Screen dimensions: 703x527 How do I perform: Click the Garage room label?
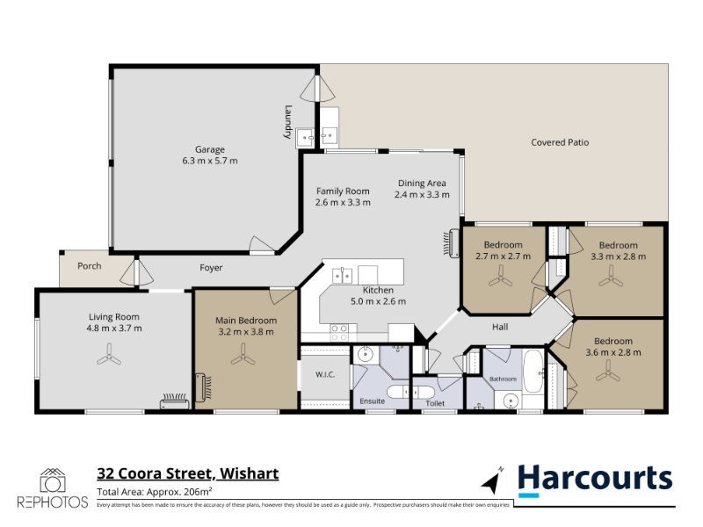209,149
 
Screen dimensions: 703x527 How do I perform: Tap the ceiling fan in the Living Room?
109,355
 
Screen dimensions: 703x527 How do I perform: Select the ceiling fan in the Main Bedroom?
243,355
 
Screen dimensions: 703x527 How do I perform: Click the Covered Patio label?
560,142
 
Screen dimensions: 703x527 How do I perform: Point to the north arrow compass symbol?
492,480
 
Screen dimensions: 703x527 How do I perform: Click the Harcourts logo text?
596,479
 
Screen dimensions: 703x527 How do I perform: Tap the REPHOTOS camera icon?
53,480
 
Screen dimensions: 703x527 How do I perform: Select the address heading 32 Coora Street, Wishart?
188,473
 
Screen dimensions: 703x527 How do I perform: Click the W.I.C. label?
325,375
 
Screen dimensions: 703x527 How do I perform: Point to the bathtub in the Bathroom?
533,372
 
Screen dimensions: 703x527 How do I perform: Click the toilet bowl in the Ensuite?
398,392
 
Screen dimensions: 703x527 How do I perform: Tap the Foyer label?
211,268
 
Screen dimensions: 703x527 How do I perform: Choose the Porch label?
90,266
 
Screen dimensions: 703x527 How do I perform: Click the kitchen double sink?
342,276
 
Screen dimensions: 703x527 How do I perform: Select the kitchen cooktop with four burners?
339,333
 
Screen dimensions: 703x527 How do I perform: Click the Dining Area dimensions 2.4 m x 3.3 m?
422,195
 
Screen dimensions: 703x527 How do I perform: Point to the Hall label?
500,327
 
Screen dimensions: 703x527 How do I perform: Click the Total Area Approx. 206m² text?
155,492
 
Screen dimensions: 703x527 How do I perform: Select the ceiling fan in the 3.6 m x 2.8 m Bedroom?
608,372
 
